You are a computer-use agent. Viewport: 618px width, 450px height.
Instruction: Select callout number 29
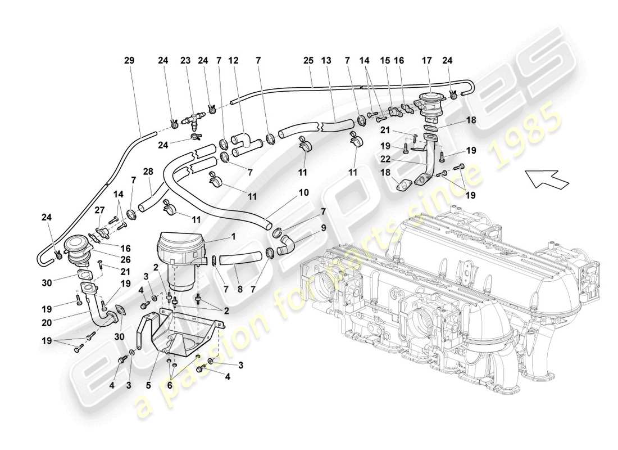(130, 60)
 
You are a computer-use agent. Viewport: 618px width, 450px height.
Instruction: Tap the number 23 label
(186, 60)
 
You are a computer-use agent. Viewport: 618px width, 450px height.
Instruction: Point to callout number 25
(308, 60)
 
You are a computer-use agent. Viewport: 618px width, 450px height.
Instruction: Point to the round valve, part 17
(430, 106)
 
